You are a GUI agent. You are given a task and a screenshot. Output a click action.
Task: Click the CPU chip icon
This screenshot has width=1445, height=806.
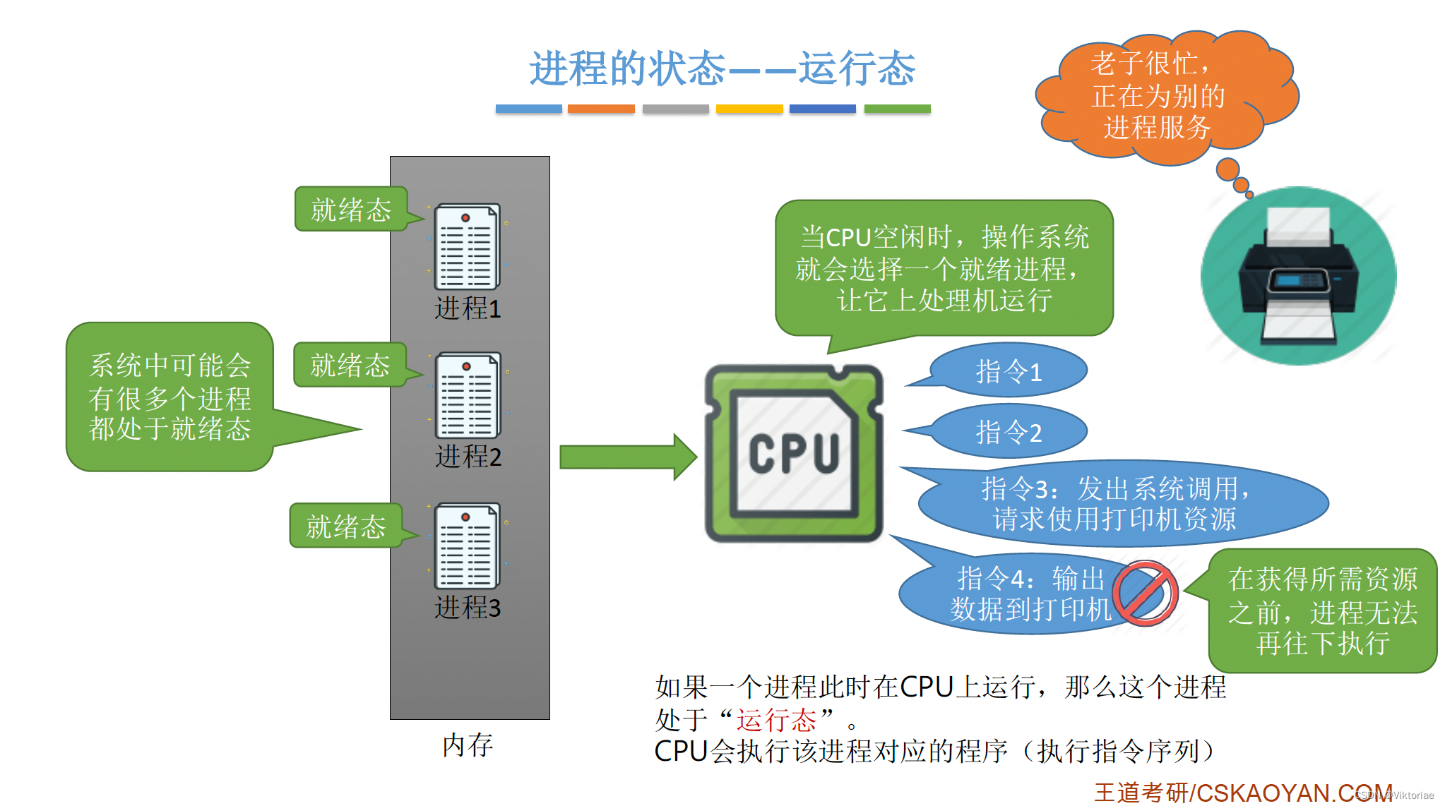point(794,454)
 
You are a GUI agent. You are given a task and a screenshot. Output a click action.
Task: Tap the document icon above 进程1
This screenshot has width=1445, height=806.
point(467,246)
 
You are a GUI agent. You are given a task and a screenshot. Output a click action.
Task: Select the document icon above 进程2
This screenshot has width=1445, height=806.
point(468,395)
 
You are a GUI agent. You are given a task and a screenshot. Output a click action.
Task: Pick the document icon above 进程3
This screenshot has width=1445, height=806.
point(467,546)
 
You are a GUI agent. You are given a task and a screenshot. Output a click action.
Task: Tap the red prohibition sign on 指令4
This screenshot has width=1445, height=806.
point(1145,594)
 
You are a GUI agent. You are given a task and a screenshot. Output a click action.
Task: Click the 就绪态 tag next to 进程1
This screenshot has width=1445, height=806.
point(351,210)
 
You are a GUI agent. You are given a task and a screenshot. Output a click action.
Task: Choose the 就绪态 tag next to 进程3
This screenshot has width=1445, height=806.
point(345,527)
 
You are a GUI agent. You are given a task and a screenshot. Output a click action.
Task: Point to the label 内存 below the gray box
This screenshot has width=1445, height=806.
point(468,745)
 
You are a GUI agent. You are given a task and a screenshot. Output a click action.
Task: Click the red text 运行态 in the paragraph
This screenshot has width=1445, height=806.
point(775,720)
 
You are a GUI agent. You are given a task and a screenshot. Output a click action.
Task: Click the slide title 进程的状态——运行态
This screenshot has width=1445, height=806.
point(722,68)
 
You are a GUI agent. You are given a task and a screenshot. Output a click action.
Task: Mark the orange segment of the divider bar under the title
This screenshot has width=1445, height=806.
point(601,109)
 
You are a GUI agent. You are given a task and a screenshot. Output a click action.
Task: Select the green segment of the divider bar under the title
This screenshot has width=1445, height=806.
point(897,109)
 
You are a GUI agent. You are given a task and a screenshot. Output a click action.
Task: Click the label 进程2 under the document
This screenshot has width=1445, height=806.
point(468,457)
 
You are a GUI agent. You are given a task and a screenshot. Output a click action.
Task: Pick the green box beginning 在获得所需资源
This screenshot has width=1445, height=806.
point(1322,611)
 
